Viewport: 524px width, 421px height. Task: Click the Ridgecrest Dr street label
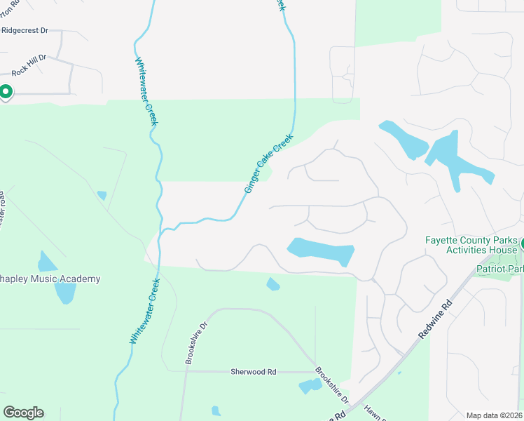pos(25,31)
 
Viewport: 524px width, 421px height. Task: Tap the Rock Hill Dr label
pos(29,58)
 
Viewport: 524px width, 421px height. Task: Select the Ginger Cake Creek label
pos(268,164)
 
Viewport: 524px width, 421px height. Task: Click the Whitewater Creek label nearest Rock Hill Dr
pos(147,91)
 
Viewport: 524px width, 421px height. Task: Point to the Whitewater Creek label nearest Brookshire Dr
pos(145,311)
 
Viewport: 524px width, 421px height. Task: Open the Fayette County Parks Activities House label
pos(471,245)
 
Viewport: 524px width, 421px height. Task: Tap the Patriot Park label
pos(499,269)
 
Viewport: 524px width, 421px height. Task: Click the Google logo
pos(23,412)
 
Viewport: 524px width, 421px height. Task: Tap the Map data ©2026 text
pos(493,415)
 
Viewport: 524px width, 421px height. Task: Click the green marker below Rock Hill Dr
pos(6,92)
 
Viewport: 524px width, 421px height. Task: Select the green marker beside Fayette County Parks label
pos(520,243)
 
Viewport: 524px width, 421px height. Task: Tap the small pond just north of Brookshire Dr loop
pos(273,284)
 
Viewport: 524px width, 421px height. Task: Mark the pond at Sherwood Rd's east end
pos(309,386)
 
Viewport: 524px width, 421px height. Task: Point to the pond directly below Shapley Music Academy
pos(64,293)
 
